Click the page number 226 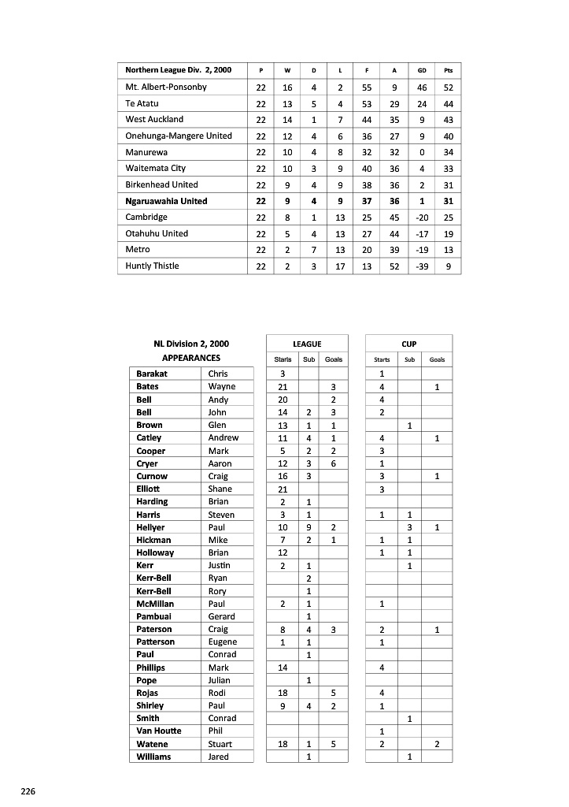tap(28, 790)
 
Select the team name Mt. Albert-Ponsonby tap(166, 87)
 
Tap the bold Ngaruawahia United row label tap(166, 201)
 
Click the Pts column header tap(448, 70)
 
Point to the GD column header tap(422, 70)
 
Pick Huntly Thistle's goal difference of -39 tap(422, 266)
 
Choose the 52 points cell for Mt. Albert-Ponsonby tap(448, 87)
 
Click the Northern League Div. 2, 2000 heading tap(178, 70)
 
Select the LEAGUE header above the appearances tap(307, 344)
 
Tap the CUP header tap(409, 344)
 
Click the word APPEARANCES tap(191, 358)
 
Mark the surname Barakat tap(152, 374)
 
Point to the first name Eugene tap(222, 642)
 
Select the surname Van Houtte tap(158, 731)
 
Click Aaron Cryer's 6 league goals tap(334, 463)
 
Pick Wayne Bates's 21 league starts tap(283, 387)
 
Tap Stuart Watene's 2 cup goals tap(437, 744)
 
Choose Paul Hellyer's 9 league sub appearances tap(309, 527)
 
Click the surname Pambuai tap(153, 616)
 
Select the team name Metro tap(138, 250)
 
